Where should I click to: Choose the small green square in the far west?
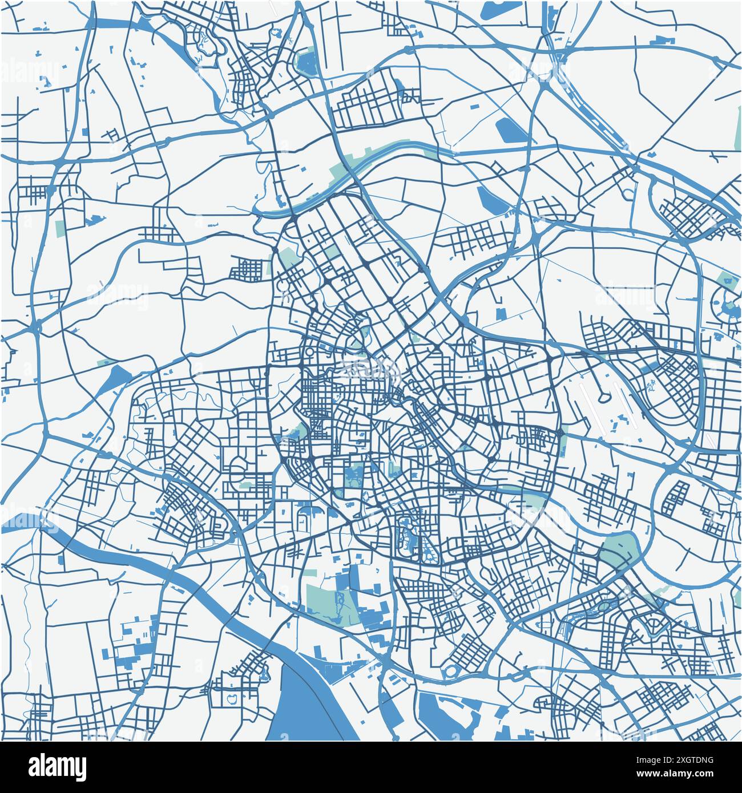[x=61, y=228]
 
